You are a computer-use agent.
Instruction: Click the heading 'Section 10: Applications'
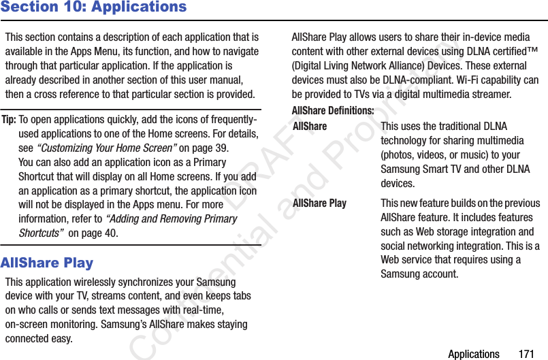93,7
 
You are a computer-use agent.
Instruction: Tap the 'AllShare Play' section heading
47,263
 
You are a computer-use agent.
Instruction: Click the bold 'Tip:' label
10,120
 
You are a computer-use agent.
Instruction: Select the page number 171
526,354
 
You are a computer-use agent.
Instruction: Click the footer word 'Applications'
473,354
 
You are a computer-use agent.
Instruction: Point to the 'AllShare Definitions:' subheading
333,110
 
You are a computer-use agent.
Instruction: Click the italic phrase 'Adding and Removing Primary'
171,218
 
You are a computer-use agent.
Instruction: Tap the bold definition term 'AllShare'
310,127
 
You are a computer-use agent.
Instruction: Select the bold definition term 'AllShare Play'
319,203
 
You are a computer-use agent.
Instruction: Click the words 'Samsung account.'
419,274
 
